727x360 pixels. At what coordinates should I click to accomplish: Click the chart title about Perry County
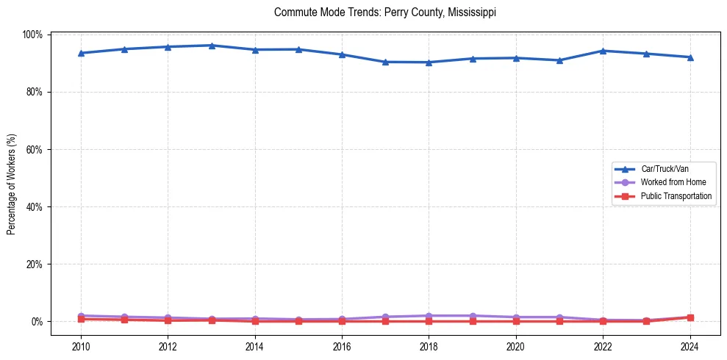click(385, 12)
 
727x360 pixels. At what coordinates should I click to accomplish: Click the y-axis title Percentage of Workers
click(12, 179)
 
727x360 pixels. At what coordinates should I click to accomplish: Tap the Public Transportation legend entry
click(676, 196)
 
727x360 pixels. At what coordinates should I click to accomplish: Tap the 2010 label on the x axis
click(81, 346)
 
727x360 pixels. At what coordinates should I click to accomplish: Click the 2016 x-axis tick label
click(342, 346)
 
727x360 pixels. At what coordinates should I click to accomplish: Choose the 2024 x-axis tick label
click(690, 346)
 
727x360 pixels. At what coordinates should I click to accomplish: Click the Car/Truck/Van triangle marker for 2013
click(212, 46)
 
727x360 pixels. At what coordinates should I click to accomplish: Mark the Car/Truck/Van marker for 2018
click(429, 62)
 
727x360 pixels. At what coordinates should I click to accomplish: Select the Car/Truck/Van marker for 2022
click(603, 51)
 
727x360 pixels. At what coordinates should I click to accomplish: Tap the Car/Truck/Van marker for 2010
click(81, 53)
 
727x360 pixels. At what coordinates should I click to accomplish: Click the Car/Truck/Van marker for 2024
click(690, 57)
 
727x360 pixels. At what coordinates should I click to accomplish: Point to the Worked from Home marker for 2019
click(472, 316)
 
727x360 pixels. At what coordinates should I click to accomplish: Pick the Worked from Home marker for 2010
click(81, 316)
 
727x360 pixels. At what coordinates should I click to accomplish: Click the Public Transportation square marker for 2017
click(385, 321)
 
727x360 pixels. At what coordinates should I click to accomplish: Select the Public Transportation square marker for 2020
click(515, 321)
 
